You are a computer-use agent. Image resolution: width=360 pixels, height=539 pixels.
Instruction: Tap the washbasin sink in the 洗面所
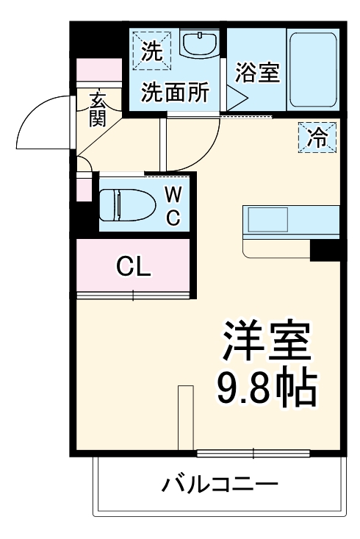click(x=199, y=46)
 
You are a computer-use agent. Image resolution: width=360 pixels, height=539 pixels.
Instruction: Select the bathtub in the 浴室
click(x=312, y=68)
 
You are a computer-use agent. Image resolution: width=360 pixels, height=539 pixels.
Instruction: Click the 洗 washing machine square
click(x=151, y=49)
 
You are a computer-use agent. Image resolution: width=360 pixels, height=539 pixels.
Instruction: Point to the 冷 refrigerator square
click(x=317, y=137)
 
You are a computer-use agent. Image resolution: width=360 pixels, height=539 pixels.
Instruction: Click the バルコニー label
click(x=220, y=485)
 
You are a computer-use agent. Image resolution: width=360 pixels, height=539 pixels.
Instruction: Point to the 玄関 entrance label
click(x=97, y=108)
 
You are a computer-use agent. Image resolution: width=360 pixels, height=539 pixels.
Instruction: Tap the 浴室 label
click(x=256, y=74)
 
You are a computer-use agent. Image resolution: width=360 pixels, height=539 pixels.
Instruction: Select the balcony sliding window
click(x=253, y=451)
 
